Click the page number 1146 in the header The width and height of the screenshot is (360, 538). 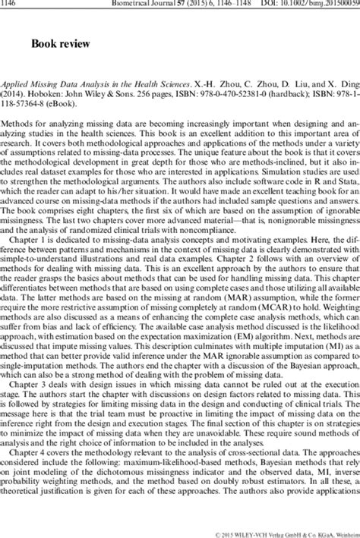click(11, 4)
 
